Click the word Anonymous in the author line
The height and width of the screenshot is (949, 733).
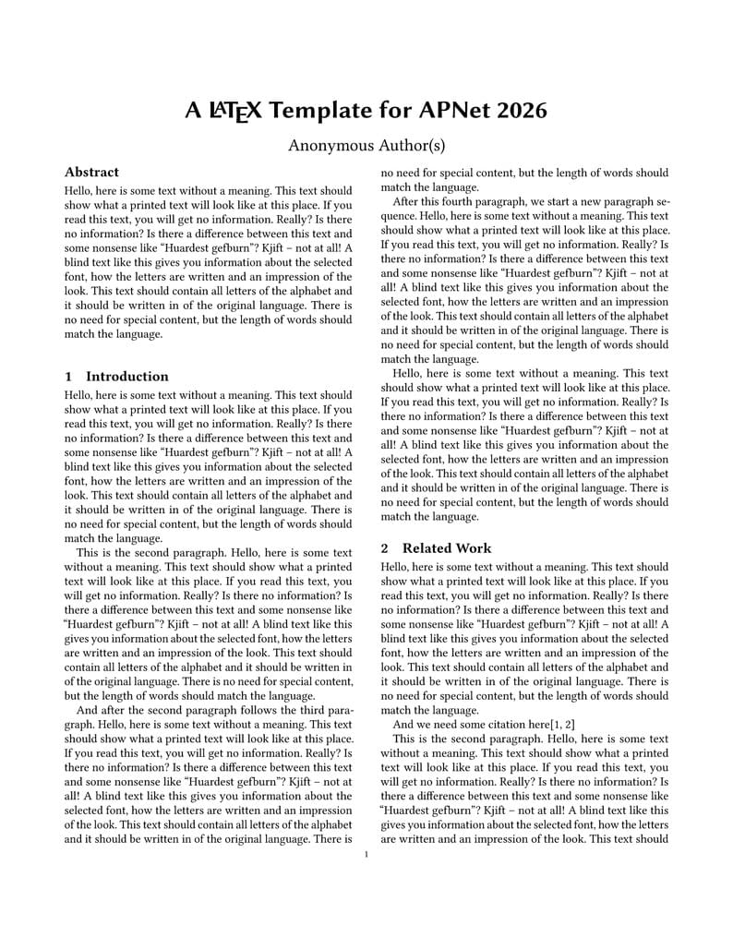(x=331, y=145)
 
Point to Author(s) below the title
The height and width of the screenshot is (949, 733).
(x=412, y=145)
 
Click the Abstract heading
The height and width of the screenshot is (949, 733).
(x=91, y=172)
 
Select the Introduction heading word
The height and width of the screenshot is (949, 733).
(x=126, y=377)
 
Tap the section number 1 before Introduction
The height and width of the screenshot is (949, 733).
(x=68, y=377)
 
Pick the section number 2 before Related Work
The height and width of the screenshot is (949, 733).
(x=385, y=548)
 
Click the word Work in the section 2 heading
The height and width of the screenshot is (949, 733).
(x=478, y=548)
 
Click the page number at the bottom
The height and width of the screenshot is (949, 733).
(x=366, y=855)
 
